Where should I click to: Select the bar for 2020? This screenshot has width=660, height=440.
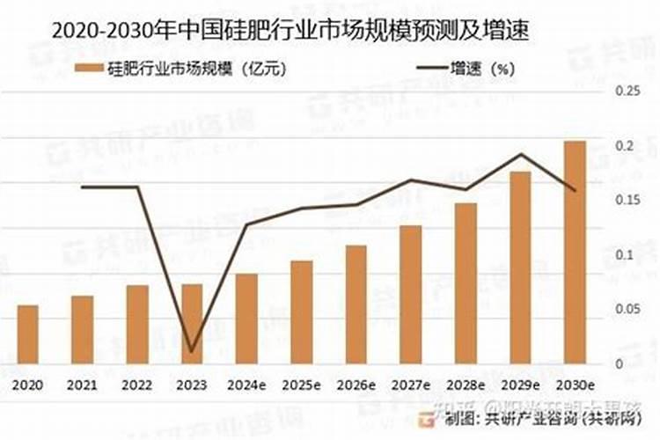28,334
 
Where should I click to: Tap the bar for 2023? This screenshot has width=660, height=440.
192,323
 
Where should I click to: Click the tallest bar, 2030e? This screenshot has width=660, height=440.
575,252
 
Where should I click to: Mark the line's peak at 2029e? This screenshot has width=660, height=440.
521,155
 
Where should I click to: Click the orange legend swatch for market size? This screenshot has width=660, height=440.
90,67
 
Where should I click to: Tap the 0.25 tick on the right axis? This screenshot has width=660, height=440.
626,91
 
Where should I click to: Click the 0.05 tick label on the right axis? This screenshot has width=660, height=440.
626,309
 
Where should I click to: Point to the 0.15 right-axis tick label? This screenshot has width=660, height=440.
626,200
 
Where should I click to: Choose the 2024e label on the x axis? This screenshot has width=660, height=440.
246,385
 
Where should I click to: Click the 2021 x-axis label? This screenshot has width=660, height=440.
83,385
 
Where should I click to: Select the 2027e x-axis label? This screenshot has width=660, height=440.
410,385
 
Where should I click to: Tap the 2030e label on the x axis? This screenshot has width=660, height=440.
575,385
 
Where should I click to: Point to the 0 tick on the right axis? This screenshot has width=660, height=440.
619,363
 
